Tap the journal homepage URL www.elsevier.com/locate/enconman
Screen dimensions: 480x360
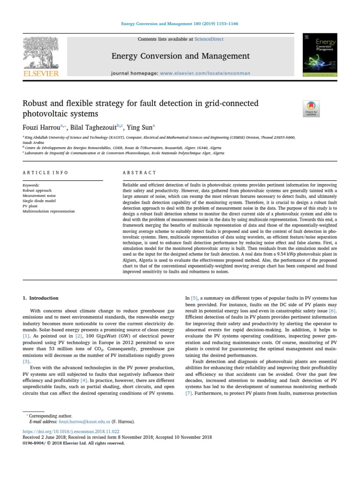(x=205, y=73)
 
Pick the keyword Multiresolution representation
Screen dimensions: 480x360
(x=48, y=211)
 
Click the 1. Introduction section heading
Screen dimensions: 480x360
(x=41, y=298)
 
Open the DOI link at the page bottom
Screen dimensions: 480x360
(x=71, y=431)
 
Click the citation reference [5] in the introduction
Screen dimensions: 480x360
(x=194, y=298)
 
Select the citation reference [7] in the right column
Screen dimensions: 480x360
(x=189, y=393)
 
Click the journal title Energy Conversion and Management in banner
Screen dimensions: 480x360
(x=180, y=56)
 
